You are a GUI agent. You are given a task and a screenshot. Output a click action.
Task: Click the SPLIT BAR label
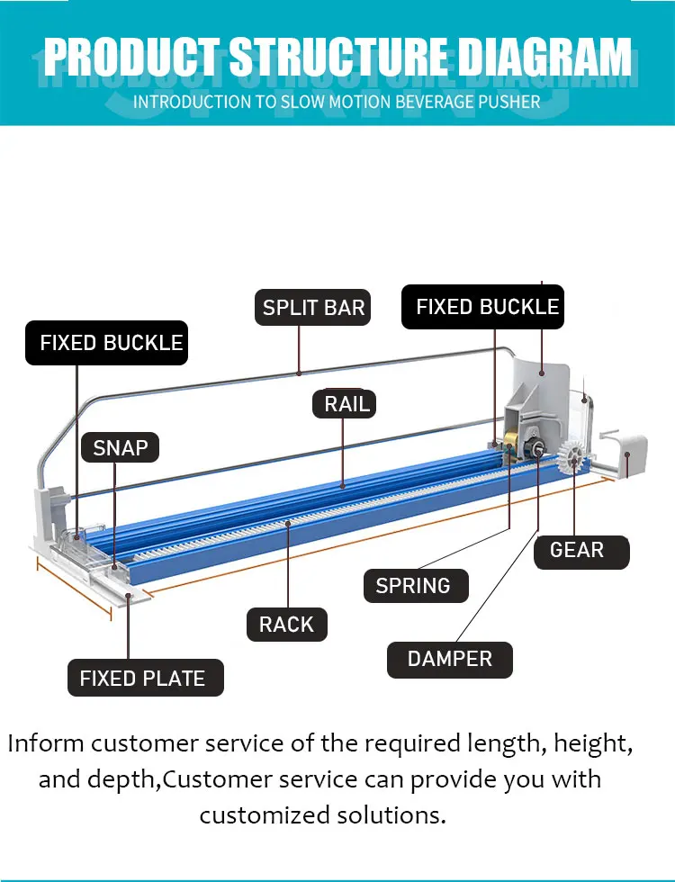coord(313,307)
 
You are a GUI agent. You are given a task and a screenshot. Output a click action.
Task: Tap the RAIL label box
coord(344,404)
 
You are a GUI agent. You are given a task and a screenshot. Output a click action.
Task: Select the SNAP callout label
coord(120,448)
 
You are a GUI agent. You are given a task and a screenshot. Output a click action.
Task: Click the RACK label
coord(287,625)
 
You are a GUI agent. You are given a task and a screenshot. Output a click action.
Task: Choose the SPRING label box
coord(416,586)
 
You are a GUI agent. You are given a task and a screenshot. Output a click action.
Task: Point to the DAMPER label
coord(450,659)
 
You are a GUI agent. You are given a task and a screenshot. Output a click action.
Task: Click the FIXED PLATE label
coord(146,678)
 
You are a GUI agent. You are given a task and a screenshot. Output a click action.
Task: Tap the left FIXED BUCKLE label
coord(107,343)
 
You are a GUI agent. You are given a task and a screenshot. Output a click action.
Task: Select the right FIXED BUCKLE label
coord(482,307)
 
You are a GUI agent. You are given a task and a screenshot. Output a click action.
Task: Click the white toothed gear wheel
coord(573,460)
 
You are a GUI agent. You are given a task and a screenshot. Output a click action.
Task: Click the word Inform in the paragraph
coord(46,743)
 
